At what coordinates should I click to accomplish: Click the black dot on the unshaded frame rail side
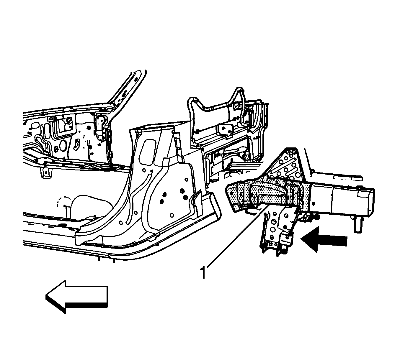click(x=313, y=204)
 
